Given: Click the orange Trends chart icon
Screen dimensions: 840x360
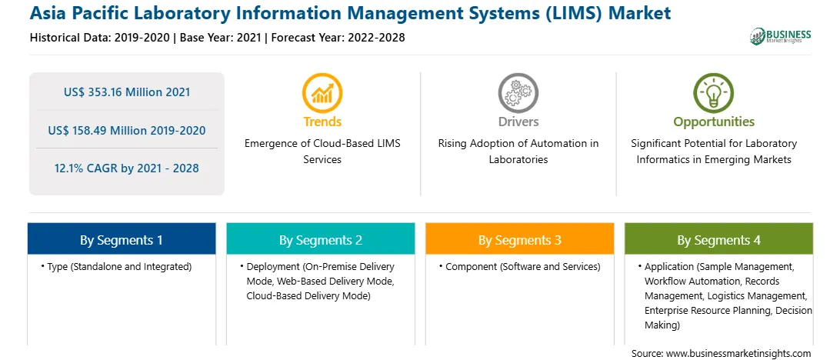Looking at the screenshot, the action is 322,92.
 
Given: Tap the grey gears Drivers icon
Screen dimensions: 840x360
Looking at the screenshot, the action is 518,92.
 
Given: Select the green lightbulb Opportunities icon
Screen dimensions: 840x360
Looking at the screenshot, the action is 714,92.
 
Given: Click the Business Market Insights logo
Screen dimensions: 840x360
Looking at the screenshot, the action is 781,36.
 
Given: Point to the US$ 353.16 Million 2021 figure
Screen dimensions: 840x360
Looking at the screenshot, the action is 127,92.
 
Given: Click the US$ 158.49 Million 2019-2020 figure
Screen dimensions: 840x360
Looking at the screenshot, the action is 127,130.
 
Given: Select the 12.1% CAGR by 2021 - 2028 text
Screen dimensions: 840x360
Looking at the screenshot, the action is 127,168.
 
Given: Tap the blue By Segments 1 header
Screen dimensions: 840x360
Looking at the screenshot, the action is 122,239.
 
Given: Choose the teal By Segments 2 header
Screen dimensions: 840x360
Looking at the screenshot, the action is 320,239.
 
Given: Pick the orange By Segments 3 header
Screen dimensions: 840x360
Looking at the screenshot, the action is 520,239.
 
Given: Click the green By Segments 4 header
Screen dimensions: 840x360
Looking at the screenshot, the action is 719,239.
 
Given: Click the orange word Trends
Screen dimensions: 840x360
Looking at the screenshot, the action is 322,122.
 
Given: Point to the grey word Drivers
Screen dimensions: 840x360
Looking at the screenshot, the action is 518,122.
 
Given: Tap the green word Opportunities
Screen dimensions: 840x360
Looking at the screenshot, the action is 714,122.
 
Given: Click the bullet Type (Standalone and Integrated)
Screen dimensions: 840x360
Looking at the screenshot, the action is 116,267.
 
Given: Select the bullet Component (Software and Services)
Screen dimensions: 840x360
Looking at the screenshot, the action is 520,267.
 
